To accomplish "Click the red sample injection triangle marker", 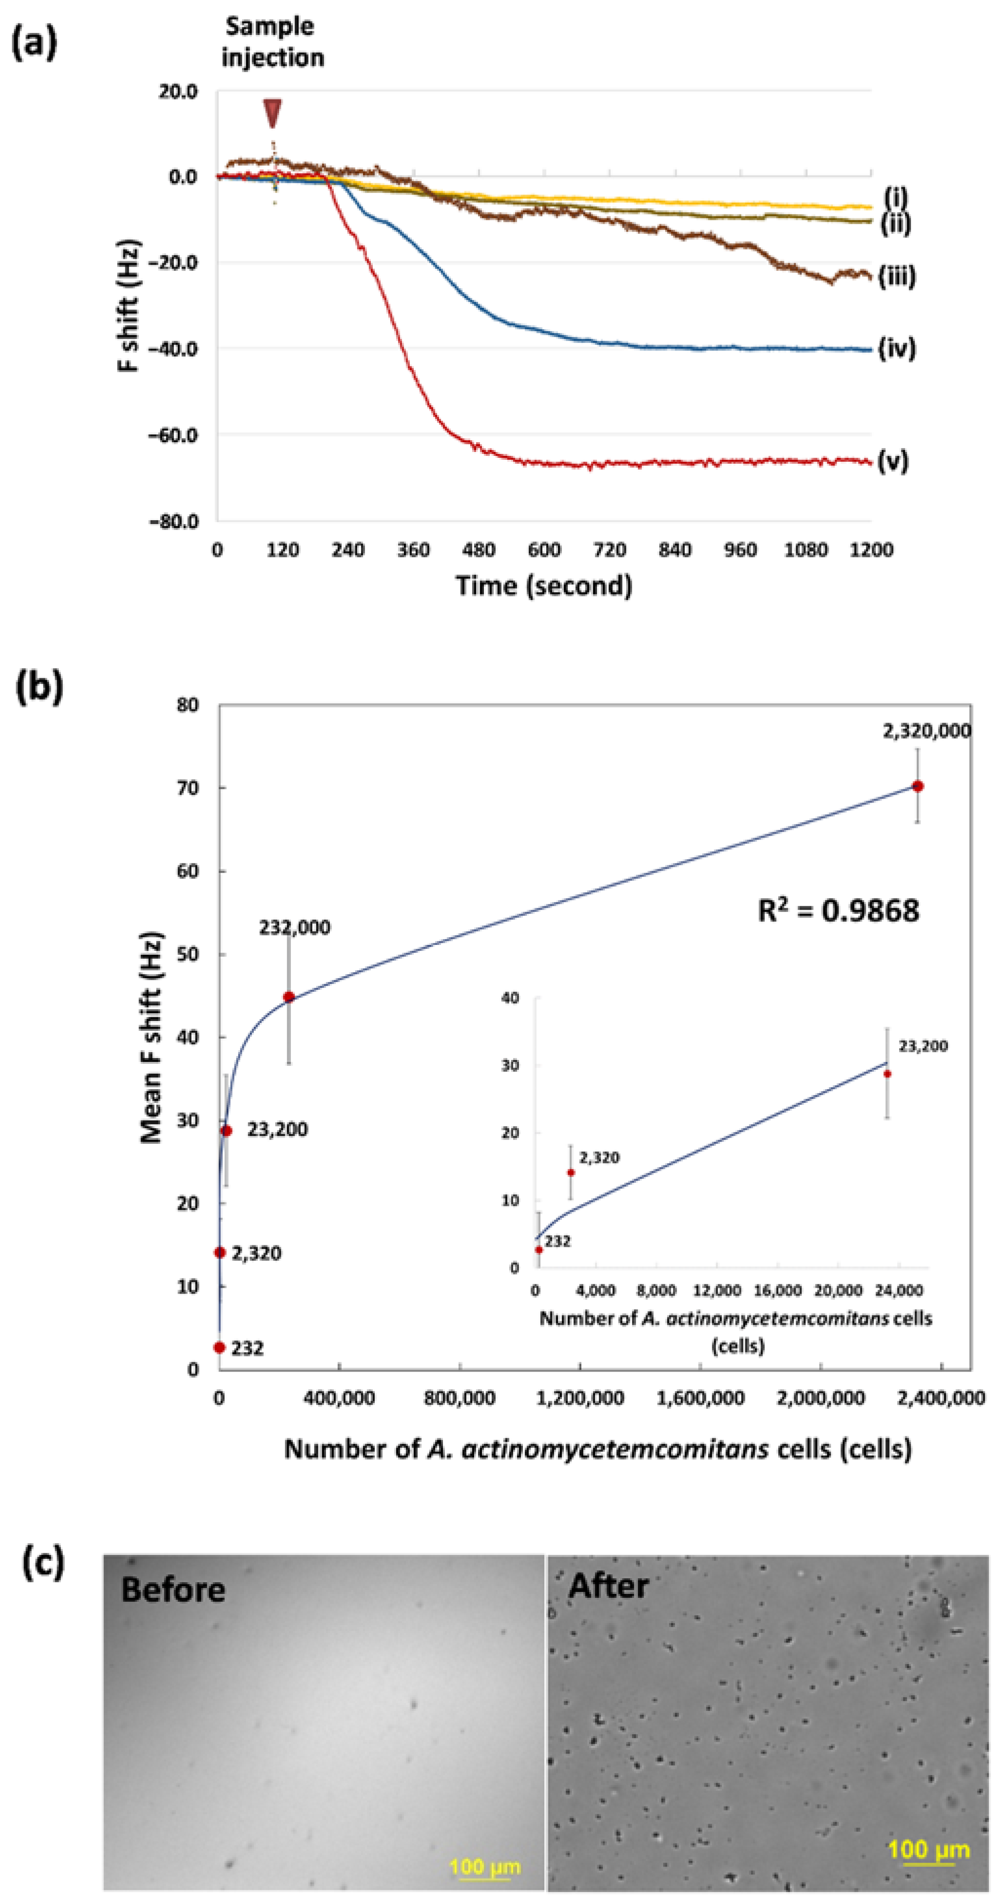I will (x=272, y=113).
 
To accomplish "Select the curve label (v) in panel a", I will (x=893, y=462).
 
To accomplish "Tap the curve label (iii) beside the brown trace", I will (x=897, y=276).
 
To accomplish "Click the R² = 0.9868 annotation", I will (x=838, y=910).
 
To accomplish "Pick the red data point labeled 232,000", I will (x=289, y=997).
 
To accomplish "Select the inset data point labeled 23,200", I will (x=887, y=1073).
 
